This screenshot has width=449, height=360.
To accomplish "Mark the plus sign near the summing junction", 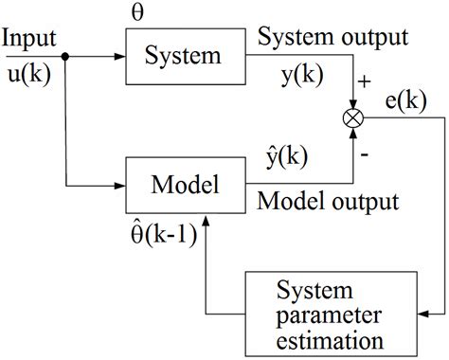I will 368,86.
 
